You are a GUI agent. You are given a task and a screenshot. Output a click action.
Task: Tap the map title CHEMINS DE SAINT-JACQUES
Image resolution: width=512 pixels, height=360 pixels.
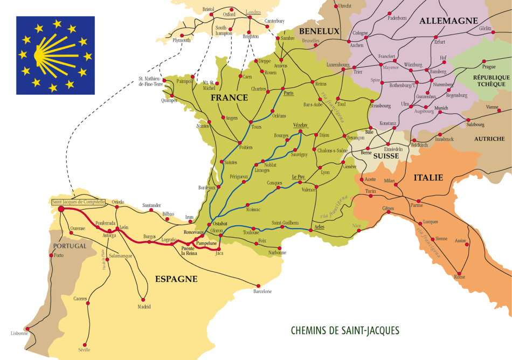[x=345, y=330]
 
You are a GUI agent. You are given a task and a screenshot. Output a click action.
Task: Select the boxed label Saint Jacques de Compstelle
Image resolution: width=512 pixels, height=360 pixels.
[x=78, y=202]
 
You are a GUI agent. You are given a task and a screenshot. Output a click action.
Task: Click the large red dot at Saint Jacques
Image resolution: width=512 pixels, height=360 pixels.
[x=61, y=209]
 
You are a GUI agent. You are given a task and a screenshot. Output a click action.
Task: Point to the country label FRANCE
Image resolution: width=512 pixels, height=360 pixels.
[x=229, y=98]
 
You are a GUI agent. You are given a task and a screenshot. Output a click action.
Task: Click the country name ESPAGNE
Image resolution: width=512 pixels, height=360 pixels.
[x=176, y=279]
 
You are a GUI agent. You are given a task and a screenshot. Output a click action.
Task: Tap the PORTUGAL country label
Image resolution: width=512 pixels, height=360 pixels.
[x=68, y=246]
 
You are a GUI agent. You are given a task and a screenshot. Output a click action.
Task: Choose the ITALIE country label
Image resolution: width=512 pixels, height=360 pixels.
[x=428, y=177]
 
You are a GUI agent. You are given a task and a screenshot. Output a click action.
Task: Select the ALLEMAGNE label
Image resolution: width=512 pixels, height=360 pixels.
[x=448, y=20]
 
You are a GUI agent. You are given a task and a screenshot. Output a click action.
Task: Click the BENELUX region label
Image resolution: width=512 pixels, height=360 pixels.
[x=320, y=31]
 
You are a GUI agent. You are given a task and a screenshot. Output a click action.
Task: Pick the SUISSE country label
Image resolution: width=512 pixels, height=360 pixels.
[x=386, y=156]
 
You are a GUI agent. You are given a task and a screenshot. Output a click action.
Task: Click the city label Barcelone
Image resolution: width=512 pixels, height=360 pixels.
[x=262, y=292]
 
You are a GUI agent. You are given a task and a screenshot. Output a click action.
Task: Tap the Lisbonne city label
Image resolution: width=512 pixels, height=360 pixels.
[x=19, y=333]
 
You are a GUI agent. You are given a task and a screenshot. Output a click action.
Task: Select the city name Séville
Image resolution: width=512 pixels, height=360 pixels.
[x=84, y=349]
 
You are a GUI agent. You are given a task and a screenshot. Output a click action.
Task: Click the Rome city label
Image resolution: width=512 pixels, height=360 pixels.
[x=460, y=277]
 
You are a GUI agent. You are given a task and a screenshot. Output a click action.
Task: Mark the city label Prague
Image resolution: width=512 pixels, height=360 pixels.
[x=489, y=67]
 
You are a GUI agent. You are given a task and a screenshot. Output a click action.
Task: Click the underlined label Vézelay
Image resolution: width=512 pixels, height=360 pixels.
[x=300, y=124]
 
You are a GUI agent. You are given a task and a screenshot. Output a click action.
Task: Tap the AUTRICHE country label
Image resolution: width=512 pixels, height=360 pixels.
[x=489, y=139]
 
